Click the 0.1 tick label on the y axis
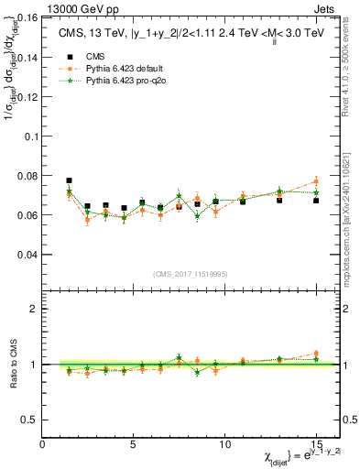(x=31, y=136)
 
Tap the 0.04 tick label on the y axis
(x=28, y=254)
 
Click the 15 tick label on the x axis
(x=316, y=443)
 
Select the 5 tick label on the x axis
(x=134, y=443)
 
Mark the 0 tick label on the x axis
(x=43, y=443)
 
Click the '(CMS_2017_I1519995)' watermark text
(x=190, y=274)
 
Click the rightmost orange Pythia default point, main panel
(x=316, y=181)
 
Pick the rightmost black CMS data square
(x=316, y=200)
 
